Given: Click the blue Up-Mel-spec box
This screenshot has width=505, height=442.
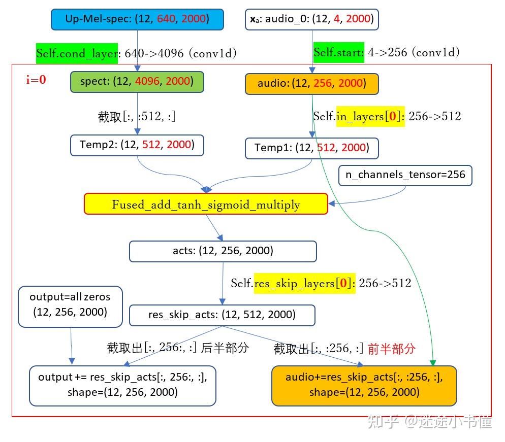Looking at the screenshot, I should click(x=137, y=19).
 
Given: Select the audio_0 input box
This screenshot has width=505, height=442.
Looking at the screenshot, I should click(x=312, y=19).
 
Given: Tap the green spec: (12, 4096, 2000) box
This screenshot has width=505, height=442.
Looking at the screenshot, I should click(x=137, y=82).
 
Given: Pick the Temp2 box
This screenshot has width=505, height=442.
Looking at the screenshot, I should click(x=137, y=145).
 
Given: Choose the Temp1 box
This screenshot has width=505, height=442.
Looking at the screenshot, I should click(x=311, y=148).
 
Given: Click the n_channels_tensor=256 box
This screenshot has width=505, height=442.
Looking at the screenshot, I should click(x=405, y=175).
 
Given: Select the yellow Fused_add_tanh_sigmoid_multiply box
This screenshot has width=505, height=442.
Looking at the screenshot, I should click(x=206, y=204).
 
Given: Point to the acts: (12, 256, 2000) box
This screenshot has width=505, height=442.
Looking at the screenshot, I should click(x=223, y=251).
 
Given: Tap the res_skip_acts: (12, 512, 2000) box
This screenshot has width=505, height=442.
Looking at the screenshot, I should click(x=222, y=315).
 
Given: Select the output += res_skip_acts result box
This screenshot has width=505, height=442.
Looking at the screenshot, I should click(x=122, y=385).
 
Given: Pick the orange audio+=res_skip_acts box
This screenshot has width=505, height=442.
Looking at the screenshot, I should click(x=364, y=385).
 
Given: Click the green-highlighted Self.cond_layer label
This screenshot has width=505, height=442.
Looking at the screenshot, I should click(x=77, y=53).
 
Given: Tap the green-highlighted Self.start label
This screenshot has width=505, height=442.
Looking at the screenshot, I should click(x=339, y=52).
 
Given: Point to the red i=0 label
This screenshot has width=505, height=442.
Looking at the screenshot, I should click(x=36, y=80).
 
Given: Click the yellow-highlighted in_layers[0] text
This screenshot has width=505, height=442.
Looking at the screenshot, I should click(x=370, y=116).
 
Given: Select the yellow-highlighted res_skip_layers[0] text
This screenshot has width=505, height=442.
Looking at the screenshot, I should click(x=303, y=283).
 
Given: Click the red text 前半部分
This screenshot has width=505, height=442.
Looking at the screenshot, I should click(x=392, y=349).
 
